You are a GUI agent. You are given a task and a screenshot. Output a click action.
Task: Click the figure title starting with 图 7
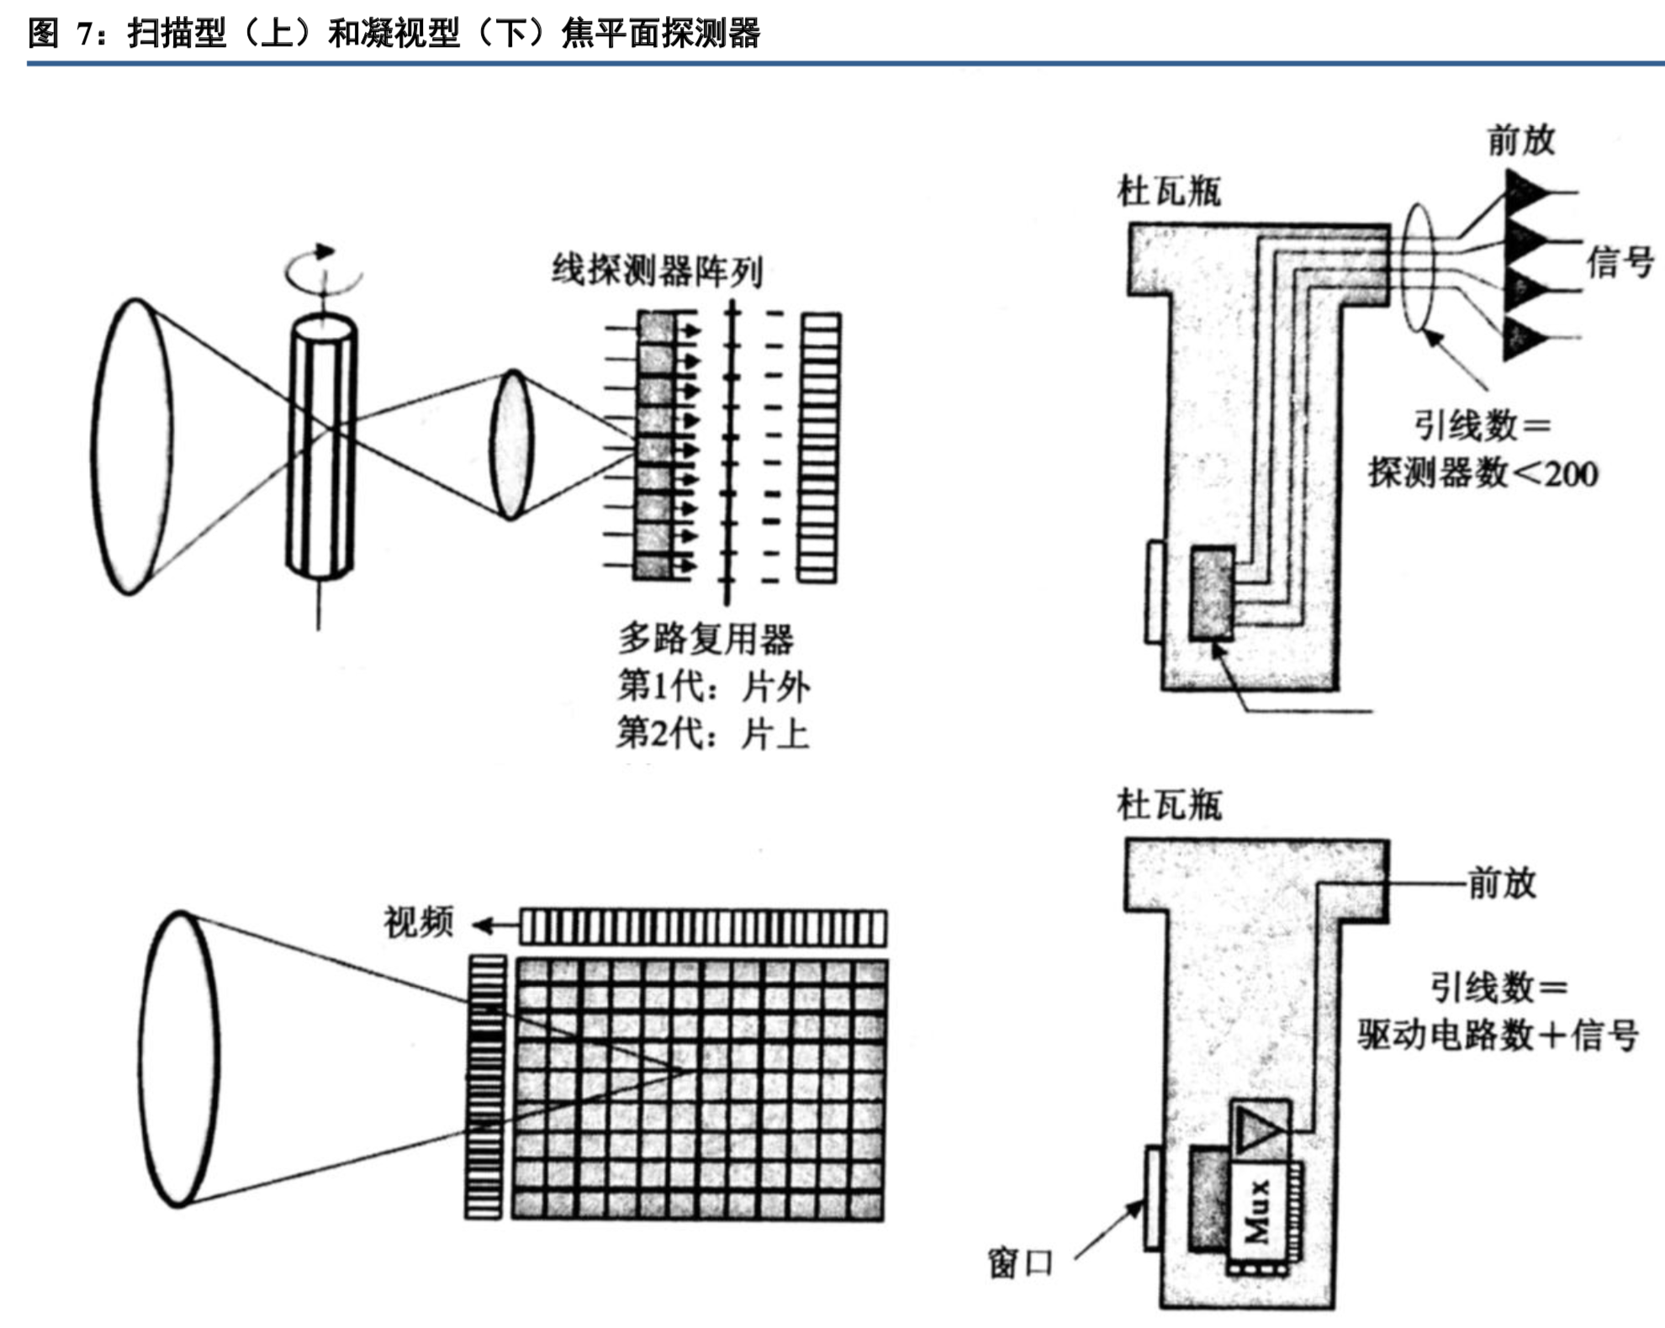(x=394, y=34)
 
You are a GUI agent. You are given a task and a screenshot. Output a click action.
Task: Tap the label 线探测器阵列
(x=657, y=271)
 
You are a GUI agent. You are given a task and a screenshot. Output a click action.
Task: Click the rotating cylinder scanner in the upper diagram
(x=321, y=445)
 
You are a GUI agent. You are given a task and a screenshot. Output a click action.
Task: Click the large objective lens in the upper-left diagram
(x=132, y=445)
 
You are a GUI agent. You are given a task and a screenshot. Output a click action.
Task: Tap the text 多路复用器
(x=706, y=639)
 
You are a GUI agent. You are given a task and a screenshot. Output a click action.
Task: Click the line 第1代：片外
(x=713, y=687)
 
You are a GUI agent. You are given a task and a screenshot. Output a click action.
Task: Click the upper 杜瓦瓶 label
(x=1168, y=192)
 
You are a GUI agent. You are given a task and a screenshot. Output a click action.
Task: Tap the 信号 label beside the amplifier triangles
(x=1620, y=262)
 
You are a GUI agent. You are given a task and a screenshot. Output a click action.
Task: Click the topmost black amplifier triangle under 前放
(x=1524, y=191)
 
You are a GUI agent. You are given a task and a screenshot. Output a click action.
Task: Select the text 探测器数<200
(x=1483, y=473)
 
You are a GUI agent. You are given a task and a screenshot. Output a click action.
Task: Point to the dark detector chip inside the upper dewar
(x=1212, y=593)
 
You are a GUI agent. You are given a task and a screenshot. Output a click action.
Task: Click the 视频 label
(x=418, y=922)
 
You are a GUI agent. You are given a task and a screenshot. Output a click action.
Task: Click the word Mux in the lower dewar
(x=1257, y=1210)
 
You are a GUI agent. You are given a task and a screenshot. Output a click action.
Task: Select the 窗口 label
(x=1020, y=1262)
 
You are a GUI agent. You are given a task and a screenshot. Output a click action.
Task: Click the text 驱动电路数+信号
(x=1498, y=1035)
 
